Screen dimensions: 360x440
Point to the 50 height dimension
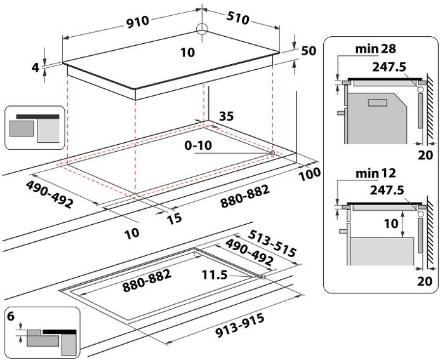(x=309, y=51)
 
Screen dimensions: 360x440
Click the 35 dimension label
(x=227, y=116)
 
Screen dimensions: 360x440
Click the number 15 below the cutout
(x=174, y=218)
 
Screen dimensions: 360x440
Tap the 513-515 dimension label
(x=272, y=243)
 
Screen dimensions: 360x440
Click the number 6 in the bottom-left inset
(x=11, y=316)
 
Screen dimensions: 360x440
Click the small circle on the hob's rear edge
(x=203, y=28)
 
